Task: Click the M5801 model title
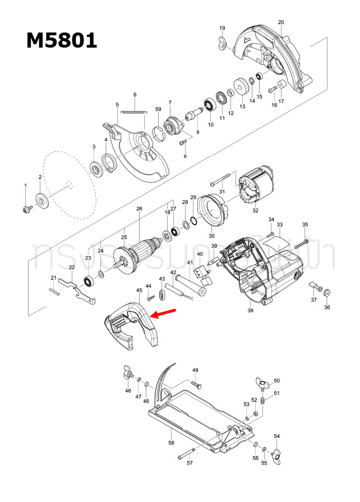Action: [x=62, y=40]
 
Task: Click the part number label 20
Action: [x=280, y=22]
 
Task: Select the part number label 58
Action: [x=171, y=443]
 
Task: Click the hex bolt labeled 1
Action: [x=26, y=208]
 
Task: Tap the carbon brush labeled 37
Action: [x=312, y=286]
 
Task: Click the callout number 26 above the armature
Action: [x=139, y=209]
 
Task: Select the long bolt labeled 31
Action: [x=221, y=180]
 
